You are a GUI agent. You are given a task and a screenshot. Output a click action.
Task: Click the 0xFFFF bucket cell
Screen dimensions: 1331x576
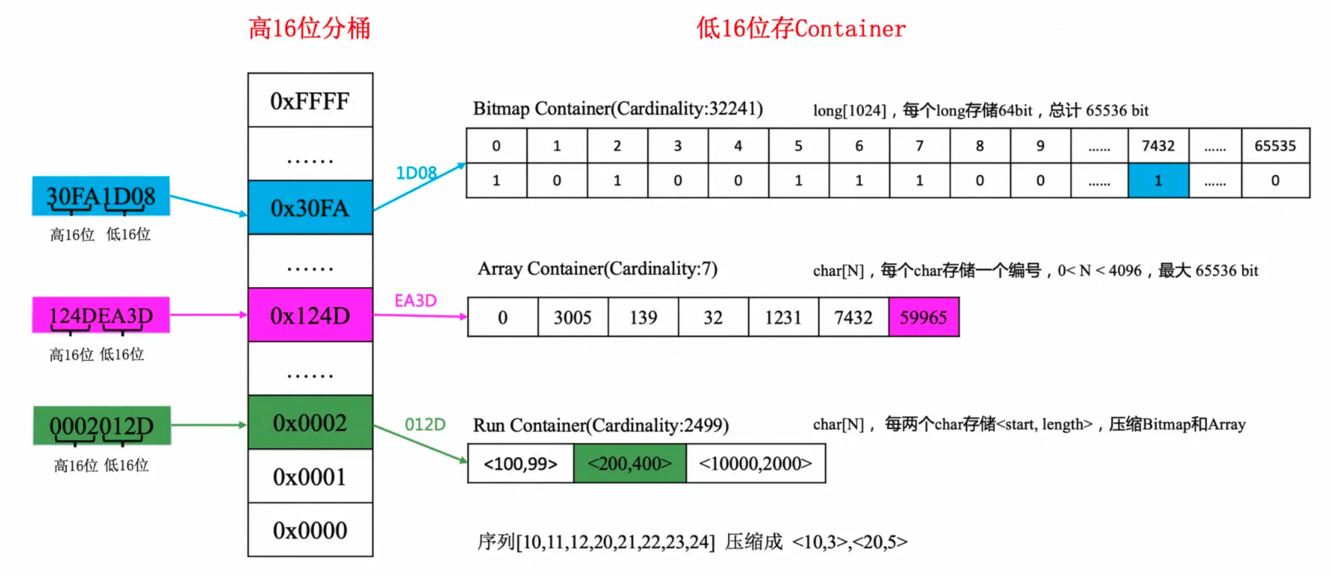point(310,101)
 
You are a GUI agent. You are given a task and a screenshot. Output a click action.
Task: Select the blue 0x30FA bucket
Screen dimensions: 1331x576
point(310,208)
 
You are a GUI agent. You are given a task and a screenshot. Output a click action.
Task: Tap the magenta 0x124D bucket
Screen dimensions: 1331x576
point(310,315)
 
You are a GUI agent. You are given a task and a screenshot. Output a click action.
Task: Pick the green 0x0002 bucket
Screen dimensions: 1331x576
point(310,422)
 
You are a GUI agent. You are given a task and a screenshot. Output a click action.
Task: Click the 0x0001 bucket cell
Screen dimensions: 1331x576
point(310,476)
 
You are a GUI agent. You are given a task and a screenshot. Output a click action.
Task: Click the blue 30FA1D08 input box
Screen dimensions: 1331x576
point(101,196)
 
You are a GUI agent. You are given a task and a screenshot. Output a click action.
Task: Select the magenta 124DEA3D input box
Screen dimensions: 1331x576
point(101,315)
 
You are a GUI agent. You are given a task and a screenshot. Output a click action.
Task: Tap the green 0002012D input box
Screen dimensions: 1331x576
point(102,426)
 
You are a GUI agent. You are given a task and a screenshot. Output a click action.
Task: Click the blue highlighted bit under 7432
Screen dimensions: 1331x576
point(1158,180)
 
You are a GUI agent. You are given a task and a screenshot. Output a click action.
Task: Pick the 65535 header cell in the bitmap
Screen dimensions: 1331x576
point(1275,146)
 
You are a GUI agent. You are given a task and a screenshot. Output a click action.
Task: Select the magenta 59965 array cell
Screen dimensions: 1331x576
point(923,317)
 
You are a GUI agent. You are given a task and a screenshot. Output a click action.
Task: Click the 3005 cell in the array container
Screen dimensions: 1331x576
point(573,317)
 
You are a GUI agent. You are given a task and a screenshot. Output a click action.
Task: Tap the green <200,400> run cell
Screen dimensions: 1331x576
point(629,463)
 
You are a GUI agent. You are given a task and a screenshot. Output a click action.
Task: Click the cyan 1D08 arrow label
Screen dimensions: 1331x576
point(416,172)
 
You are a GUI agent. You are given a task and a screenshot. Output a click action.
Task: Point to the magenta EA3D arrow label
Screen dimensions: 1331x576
point(415,300)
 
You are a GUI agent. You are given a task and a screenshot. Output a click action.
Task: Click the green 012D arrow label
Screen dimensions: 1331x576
point(425,424)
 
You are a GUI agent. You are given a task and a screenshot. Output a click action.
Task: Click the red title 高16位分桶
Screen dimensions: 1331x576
point(309,28)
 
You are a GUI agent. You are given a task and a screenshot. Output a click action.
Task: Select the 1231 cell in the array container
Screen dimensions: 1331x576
point(783,317)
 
